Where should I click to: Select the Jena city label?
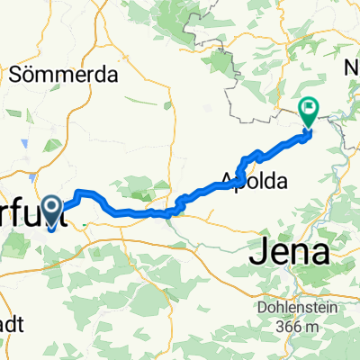tap(294, 253)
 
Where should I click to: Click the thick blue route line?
tap(135, 212)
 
